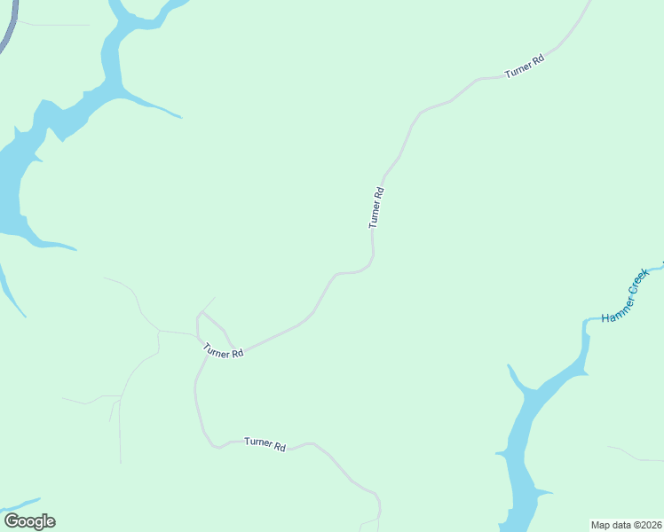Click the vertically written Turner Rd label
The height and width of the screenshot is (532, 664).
(376, 207)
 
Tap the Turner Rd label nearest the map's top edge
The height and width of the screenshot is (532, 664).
(524, 66)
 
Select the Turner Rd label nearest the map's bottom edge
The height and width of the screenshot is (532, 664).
(265, 444)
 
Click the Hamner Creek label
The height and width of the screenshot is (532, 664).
(626, 295)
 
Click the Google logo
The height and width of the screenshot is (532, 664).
(29, 521)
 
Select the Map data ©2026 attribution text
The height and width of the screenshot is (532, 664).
(626, 524)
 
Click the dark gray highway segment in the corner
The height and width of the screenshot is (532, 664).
(7, 34)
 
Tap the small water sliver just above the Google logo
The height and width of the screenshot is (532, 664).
(22, 504)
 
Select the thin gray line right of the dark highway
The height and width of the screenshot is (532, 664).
(53, 25)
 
